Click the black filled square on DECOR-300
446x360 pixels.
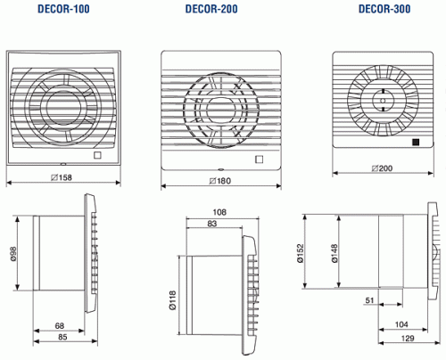[416, 141]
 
